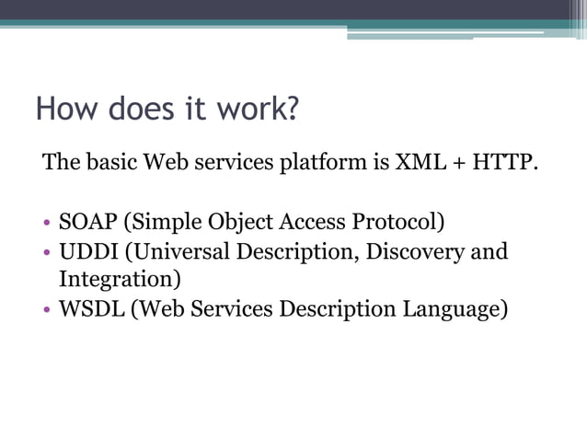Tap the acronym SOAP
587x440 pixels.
[88, 222]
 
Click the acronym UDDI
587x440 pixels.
[87, 251]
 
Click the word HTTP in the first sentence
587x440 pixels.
[504, 164]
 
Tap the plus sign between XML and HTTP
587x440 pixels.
[458, 165]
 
